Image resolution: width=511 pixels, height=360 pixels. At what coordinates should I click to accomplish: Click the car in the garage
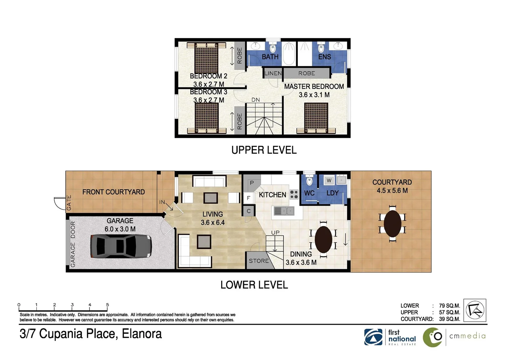121,246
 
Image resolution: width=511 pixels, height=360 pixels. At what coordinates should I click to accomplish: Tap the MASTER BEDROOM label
314,87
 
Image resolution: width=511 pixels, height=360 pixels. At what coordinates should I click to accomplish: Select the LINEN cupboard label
273,73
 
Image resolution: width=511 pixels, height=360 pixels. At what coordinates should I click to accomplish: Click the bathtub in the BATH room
289,53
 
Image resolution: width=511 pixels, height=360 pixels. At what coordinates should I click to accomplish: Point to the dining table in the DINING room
323,239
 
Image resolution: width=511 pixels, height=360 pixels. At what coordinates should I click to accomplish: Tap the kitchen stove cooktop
294,194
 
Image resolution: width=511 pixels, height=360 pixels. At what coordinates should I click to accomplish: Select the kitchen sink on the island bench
284,211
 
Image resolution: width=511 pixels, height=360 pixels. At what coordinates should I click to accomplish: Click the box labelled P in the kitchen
252,183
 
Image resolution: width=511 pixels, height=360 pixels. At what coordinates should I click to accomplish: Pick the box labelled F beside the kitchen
249,198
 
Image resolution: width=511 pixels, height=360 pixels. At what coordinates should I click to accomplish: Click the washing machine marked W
329,180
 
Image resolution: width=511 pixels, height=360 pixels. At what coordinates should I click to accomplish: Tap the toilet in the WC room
309,181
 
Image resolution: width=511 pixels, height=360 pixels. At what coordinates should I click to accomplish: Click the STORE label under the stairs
258,261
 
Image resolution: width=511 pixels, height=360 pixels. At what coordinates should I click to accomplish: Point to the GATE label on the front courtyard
69,203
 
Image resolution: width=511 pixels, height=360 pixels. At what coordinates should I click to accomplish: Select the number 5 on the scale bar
107,305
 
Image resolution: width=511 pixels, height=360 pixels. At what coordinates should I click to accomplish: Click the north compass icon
475,310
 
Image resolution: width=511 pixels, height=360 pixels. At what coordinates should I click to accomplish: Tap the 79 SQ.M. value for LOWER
449,306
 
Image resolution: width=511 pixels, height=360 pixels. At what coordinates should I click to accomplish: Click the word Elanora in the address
142,334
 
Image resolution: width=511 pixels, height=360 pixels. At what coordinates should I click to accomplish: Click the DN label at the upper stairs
255,100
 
